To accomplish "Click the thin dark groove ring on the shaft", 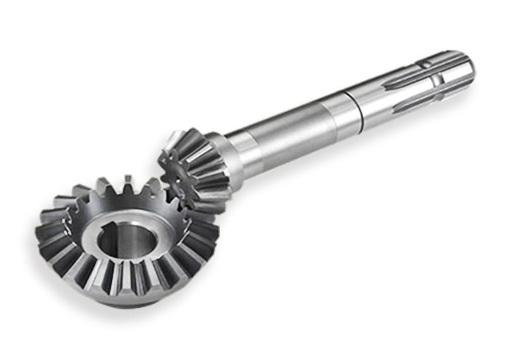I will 363,105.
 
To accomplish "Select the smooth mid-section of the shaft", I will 292,129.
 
